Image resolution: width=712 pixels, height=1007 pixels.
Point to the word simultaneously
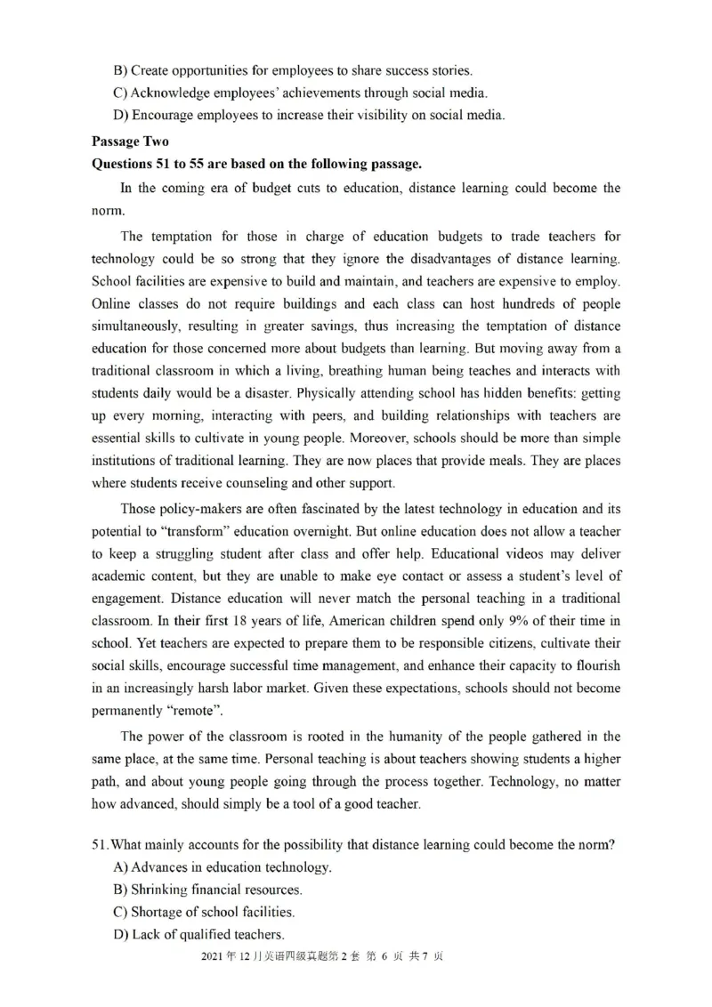[133, 327]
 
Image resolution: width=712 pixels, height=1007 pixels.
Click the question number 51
[100, 845]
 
